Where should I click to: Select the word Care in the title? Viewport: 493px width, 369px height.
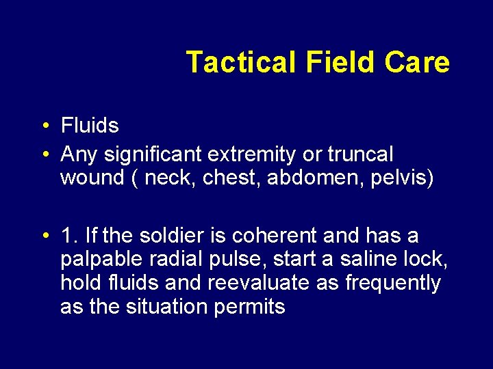coord(417,62)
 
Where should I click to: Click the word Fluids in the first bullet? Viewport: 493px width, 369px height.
coord(90,126)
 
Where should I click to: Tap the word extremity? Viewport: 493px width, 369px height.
coord(263,154)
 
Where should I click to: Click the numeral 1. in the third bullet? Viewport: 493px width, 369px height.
coord(69,236)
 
